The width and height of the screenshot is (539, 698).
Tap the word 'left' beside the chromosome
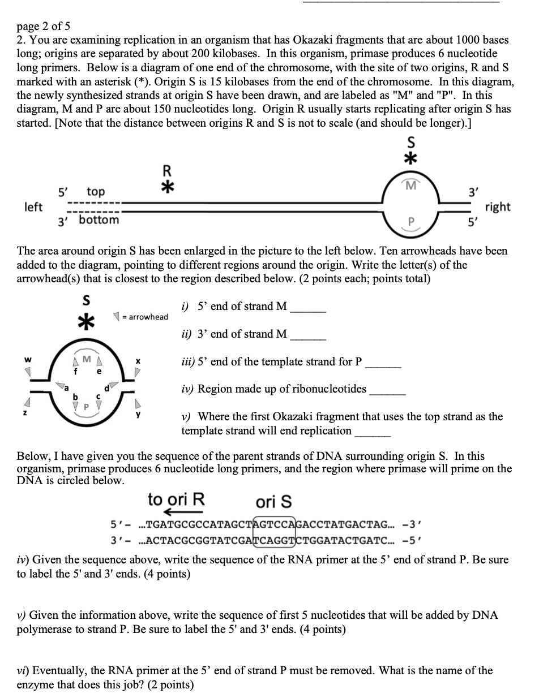33,207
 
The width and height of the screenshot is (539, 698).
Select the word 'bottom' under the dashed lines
99,219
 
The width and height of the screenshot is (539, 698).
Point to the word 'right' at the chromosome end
498,207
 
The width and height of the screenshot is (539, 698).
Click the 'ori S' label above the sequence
274,502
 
